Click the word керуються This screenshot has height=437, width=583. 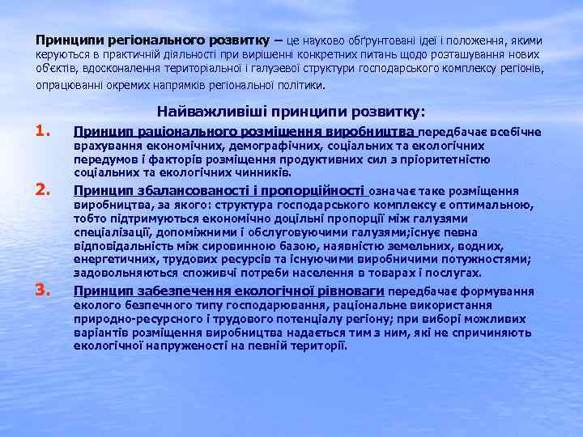60,54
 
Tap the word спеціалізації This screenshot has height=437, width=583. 110,232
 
